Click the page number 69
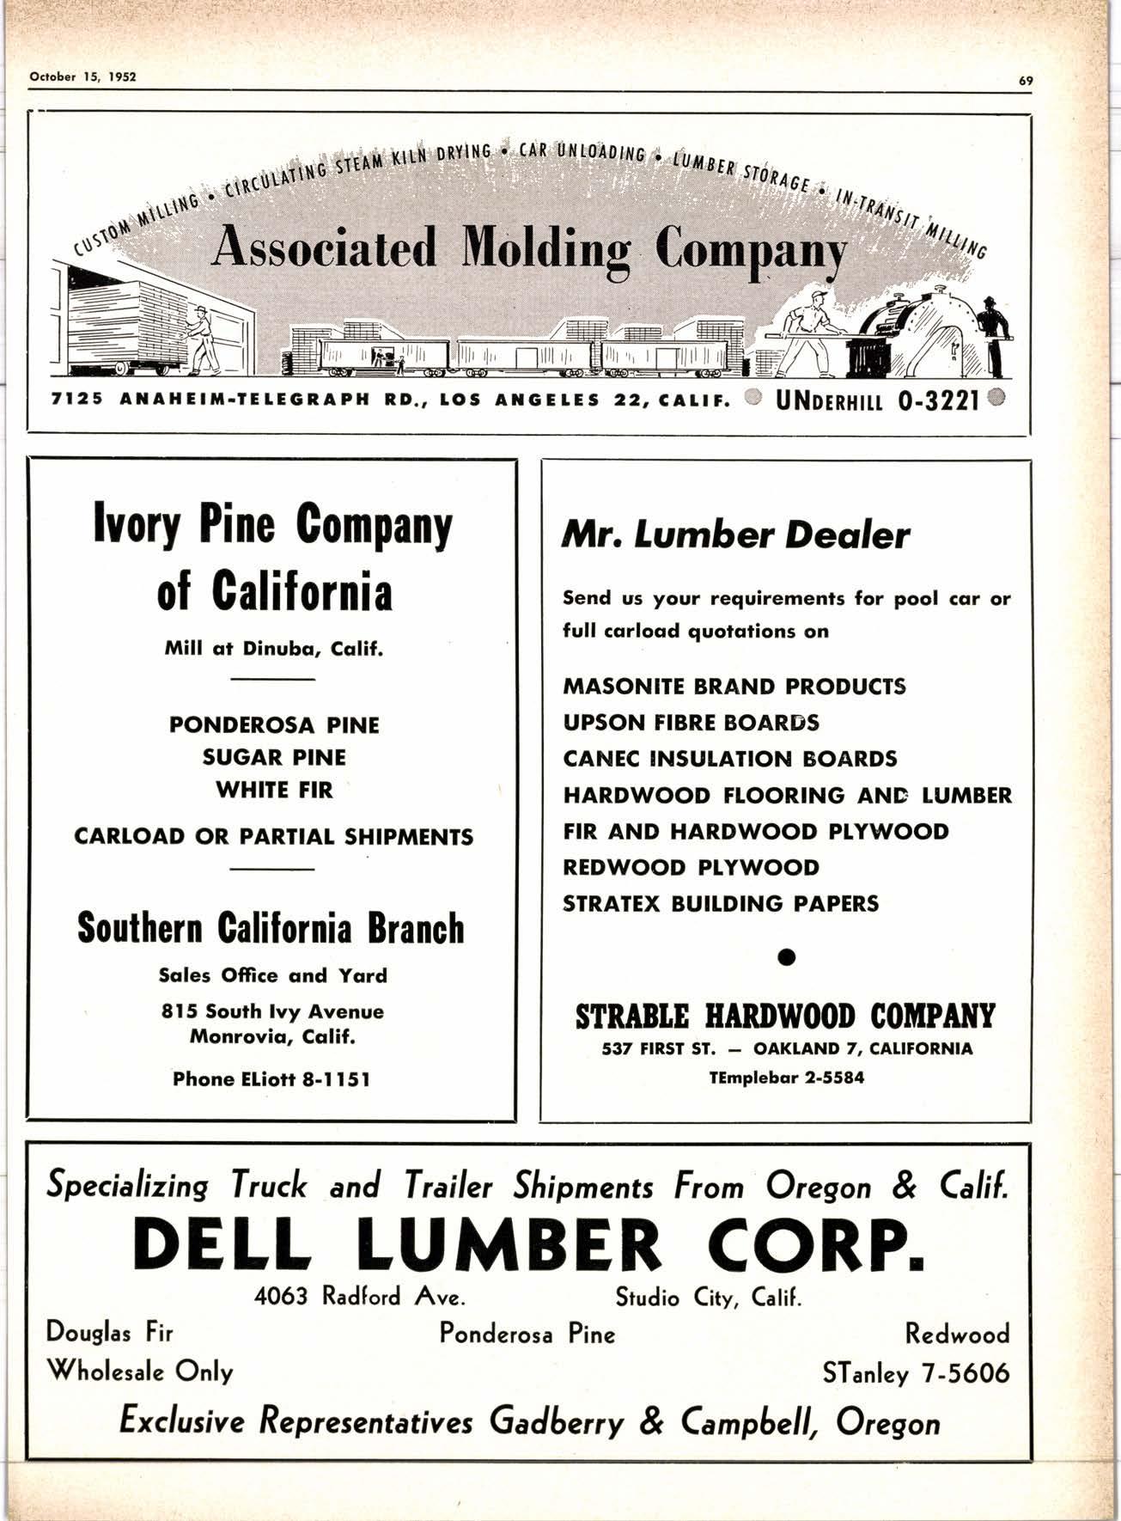click(1025, 81)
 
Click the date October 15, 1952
click(83, 76)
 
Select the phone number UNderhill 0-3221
click(878, 401)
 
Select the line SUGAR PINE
click(274, 758)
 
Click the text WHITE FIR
click(274, 790)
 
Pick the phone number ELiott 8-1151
click(272, 1079)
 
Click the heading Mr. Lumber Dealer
click(734, 535)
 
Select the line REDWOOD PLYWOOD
click(691, 868)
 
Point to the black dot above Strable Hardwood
click(786, 956)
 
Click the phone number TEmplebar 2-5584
click(786, 1078)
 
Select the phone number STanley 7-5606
click(916, 1373)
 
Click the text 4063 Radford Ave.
click(361, 1297)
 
